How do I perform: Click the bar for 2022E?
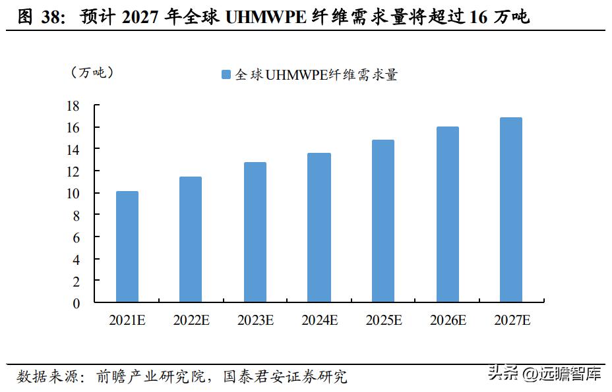(x=191, y=239)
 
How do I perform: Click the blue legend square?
(x=226, y=75)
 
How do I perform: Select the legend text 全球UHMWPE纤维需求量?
(x=316, y=75)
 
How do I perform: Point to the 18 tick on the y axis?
(x=73, y=105)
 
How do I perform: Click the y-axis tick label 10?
(x=73, y=193)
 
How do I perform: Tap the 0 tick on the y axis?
(x=76, y=303)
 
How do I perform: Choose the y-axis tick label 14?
(x=73, y=150)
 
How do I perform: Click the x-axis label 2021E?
(x=127, y=321)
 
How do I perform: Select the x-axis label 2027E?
(x=512, y=321)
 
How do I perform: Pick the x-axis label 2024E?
(x=319, y=321)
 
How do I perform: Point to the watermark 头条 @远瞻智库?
(x=544, y=375)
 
